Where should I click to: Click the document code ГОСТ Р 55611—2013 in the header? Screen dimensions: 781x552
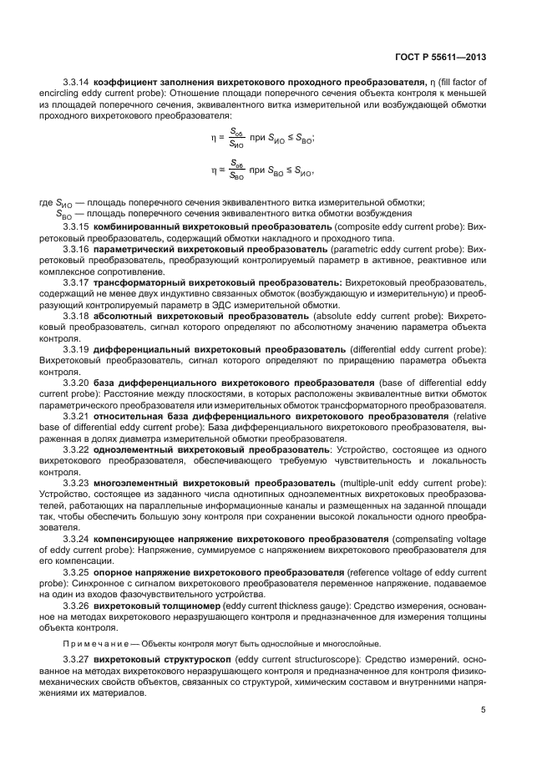click(x=440, y=58)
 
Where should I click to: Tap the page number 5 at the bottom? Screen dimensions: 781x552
click(x=484, y=711)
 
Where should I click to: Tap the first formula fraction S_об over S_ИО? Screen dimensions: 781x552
click(x=237, y=137)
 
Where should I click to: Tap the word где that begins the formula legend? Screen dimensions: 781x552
click(x=46, y=201)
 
